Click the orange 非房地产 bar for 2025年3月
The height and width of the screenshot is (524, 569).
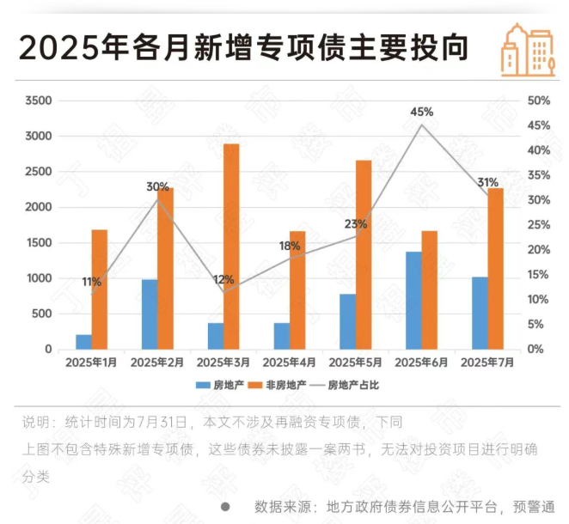coord(231,247)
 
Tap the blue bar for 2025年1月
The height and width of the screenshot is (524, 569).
coord(83,342)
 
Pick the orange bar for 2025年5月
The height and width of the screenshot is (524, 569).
coord(364,254)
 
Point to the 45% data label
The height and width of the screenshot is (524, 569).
coord(421,112)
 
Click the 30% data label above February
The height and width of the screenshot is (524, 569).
coord(157,186)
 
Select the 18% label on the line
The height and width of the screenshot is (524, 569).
coord(290,246)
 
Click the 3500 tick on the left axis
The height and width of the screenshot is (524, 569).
coord(40,101)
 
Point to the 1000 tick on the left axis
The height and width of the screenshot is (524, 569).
coord(40,278)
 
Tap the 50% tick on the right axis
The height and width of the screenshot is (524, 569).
coord(538,101)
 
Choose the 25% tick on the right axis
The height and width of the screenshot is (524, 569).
coord(538,225)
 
